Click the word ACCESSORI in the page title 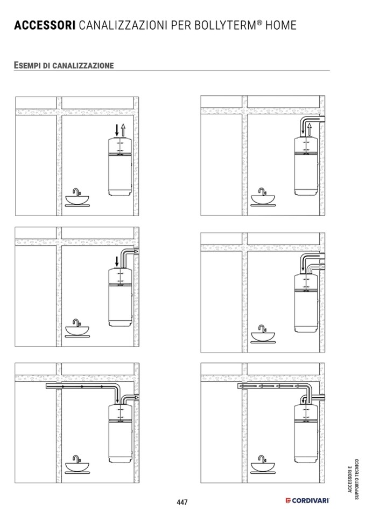45,25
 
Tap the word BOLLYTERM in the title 224,25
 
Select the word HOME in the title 280,25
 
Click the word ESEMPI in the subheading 27,65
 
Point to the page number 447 182,502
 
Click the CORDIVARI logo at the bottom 307,500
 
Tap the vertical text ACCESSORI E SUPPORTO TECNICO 353,479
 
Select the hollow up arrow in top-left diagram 123,130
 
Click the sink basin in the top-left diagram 77,200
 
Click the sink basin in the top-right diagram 263,199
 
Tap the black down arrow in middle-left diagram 116,261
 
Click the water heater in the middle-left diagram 121,298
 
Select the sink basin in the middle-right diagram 263,336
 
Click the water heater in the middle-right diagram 306,303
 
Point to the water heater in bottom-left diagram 121,433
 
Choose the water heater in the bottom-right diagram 306,433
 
